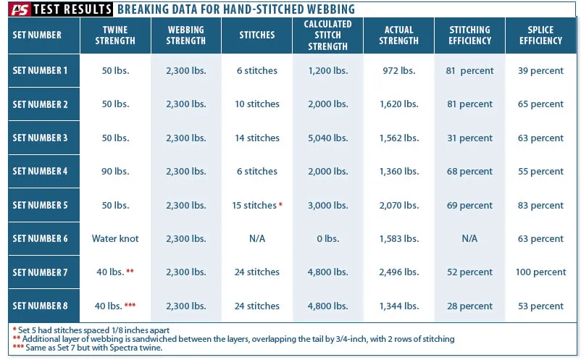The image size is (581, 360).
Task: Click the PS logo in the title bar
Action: tap(20, 9)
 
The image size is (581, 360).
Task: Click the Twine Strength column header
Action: tap(115, 35)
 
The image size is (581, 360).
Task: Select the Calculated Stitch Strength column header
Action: tap(328, 35)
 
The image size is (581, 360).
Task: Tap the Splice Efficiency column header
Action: tap(542, 35)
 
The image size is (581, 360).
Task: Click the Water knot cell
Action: tap(115, 238)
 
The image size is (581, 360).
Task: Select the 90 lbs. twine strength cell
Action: tap(115, 171)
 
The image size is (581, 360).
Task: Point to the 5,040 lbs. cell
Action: tap(328, 138)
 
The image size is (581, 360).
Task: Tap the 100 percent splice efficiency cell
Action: tap(542, 272)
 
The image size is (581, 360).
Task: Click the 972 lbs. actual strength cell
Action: tap(399, 71)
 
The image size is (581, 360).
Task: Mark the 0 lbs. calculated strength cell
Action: tap(328, 238)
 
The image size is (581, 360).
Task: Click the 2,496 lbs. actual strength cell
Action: tap(399, 272)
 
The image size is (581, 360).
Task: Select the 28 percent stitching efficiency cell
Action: tap(470, 306)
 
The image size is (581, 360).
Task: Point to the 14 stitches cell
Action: tap(257, 138)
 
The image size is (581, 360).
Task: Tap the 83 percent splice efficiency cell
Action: tap(542, 205)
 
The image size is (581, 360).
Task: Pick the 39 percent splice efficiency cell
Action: tap(542, 71)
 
